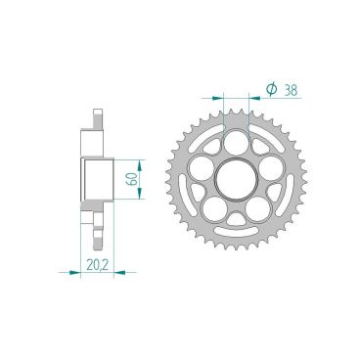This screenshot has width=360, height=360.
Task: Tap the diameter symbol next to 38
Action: click(x=271, y=90)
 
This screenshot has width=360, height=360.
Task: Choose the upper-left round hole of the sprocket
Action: click(x=202, y=162)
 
